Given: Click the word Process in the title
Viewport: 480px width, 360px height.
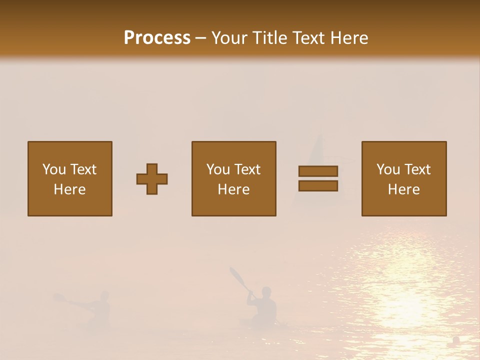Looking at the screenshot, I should click(x=157, y=38).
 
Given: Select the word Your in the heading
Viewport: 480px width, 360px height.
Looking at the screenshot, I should click(x=229, y=38).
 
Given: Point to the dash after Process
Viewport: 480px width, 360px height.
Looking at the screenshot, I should click(x=200, y=38).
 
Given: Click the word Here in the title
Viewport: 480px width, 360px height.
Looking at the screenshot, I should click(x=349, y=38).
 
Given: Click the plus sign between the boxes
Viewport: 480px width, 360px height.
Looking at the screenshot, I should click(x=152, y=179).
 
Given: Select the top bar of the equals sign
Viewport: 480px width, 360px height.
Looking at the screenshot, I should click(x=318, y=171).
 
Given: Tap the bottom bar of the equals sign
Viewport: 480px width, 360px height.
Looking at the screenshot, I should click(x=318, y=185).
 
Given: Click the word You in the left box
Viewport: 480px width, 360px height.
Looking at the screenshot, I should click(x=54, y=169).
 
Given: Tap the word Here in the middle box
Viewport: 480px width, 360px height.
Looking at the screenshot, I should click(x=234, y=189).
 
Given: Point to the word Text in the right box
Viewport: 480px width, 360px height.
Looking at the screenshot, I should click(x=417, y=169).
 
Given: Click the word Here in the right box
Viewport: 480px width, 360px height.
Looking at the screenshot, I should click(x=404, y=189).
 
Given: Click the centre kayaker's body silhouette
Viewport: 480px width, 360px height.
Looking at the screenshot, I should click(x=264, y=305).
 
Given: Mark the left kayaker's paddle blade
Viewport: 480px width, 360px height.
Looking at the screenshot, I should click(x=58, y=297).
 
